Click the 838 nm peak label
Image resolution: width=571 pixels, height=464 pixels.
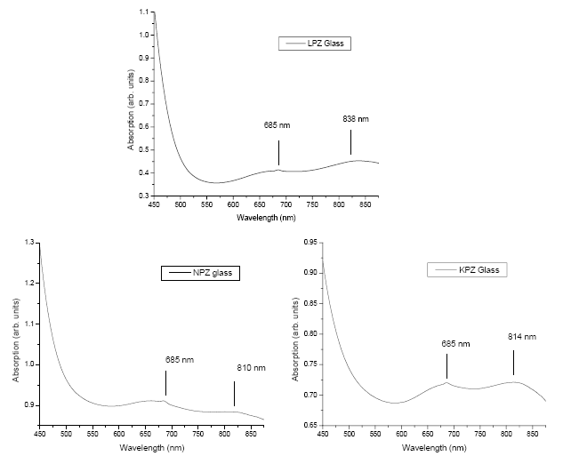coord(356,118)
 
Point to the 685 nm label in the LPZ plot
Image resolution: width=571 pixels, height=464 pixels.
coord(277,125)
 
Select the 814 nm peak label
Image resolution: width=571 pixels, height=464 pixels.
coord(523,337)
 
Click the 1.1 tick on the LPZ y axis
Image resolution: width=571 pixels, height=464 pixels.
coord(144,13)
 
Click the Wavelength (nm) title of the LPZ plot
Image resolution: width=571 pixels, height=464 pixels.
coord(266,217)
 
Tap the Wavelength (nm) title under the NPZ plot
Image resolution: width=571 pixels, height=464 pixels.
coord(150,446)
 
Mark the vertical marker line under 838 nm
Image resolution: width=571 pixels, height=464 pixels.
coord(350,142)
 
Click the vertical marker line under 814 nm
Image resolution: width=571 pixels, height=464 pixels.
coord(513,363)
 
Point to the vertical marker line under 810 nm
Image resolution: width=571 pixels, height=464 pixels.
coord(234,393)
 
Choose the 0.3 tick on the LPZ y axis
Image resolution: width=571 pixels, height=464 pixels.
coord(144,195)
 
